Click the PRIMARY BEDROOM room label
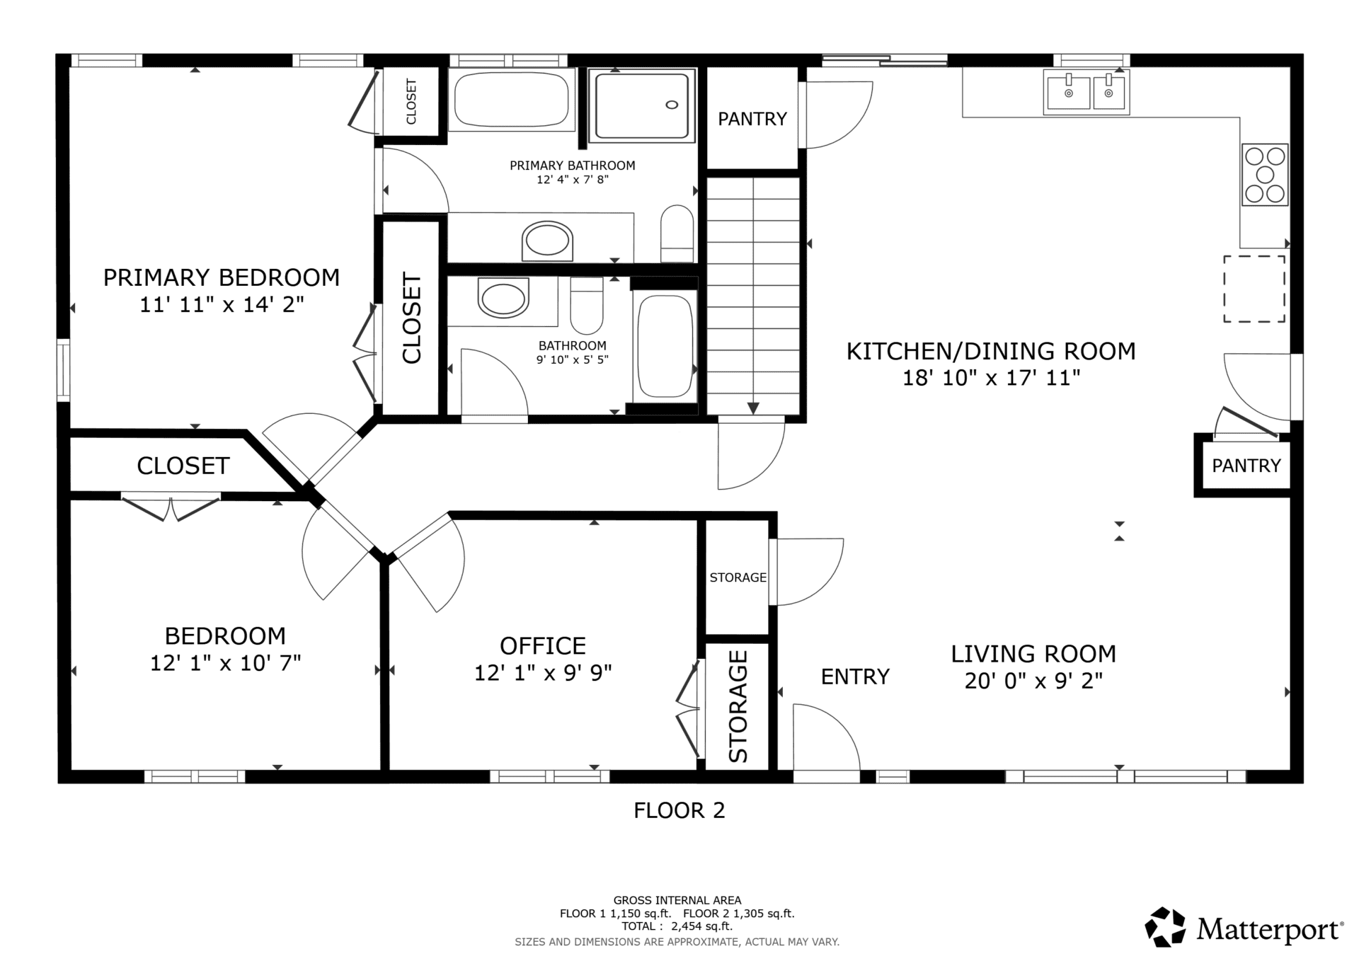coord(222,277)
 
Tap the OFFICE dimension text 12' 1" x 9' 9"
coord(543,672)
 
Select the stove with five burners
coord(1265,175)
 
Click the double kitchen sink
coord(1086,92)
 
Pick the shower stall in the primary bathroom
coord(642,105)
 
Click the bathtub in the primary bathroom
coord(511,100)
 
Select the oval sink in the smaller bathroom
coord(503,298)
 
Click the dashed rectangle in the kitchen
coord(1254,289)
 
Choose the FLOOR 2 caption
coord(679,810)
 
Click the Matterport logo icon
coord(1165,927)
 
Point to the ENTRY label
coord(855,677)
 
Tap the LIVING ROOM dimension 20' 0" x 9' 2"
coord(1033,681)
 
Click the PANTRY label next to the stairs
coord(752,119)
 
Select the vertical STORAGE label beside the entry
coord(738,706)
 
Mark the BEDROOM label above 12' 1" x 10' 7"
coord(225,636)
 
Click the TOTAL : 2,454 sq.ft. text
coord(677,926)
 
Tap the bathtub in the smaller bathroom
coord(665,346)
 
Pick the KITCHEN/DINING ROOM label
coord(991,351)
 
